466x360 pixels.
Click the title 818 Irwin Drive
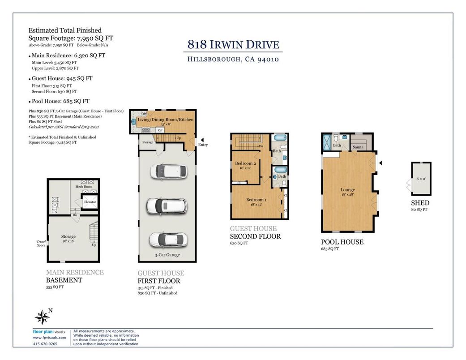(x=233, y=45)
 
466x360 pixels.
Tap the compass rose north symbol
(x=43, y=317)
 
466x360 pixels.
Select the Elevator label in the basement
(x=90, y=202)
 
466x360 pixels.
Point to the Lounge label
(x=348, y=190)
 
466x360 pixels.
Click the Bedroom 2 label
(x=245, y=163)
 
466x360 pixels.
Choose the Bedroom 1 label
(x=256, y=200)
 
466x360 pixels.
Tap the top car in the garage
(x=168, y=171)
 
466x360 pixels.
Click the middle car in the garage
(x=167, y=206)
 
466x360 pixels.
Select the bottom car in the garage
(x=168, y=240)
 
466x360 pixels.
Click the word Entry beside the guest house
(x=203, y=145)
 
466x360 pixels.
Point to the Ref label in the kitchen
(x=160, y=130)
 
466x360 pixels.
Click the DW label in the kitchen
(x=144, y=114)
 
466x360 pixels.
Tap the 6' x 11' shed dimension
(x=421, y=179)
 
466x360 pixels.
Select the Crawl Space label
(x=41, y=244)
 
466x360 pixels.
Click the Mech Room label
(x=84, y=187)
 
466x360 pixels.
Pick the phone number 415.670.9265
(x=45, y=343)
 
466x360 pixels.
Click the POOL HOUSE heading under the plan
(x=342, y=242)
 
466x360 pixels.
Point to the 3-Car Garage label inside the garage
(x=167, y=255)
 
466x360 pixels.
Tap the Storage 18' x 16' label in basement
(x=68, y=239)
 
